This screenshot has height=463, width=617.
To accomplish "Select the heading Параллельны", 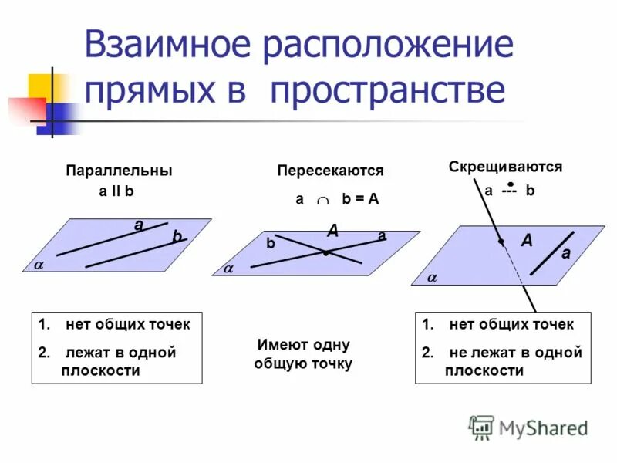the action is click(119, 171).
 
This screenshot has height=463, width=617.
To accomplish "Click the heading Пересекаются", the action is click(330, 171).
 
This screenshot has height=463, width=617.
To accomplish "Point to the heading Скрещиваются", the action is click(505, 167).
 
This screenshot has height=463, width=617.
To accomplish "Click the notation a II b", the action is click(116, 191).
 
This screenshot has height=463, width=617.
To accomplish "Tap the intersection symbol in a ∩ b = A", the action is click(322, 200).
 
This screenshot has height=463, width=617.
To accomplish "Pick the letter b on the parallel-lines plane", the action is click(177, 238).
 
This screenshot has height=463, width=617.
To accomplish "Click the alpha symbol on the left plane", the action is click(38, 265).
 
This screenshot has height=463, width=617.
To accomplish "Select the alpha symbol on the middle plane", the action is click(228, 269).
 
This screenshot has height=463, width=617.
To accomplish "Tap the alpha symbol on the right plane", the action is click(432, 277).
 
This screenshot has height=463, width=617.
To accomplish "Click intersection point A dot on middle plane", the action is click(326, 253).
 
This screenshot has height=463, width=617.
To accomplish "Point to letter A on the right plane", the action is click(527, 241).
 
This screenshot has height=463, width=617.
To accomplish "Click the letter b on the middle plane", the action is click(271, 243).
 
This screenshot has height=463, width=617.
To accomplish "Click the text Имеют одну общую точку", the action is click(302, 354).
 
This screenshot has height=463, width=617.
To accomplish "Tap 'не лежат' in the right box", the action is click(477, 353).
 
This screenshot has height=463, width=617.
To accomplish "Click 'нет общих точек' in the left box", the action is click(127, 325).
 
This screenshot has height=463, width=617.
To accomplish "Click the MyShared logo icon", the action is click(481, 428).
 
